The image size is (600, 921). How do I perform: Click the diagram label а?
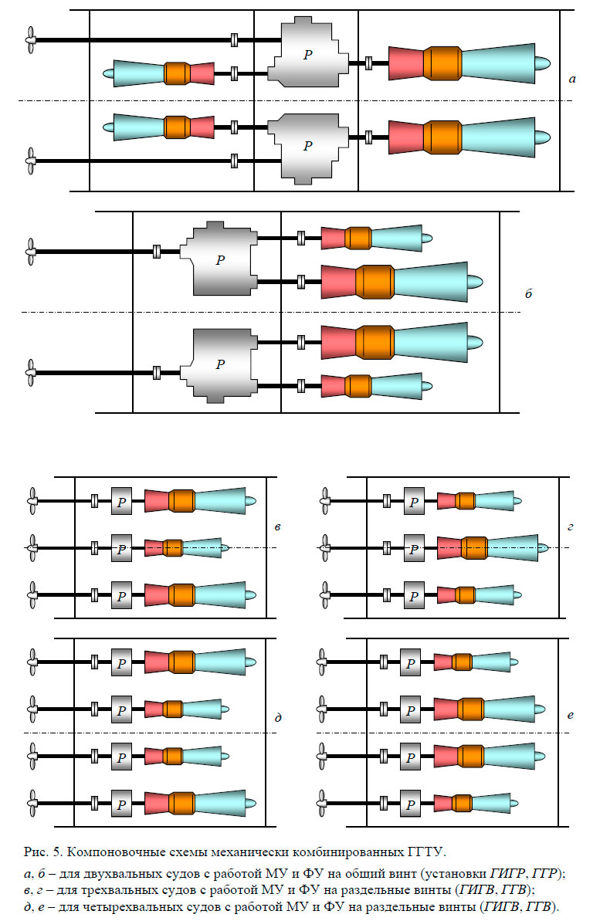point(571,79)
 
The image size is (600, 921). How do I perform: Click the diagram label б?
point(529,294)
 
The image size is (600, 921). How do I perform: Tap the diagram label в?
point(277,527)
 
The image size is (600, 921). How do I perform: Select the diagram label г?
point(570,527)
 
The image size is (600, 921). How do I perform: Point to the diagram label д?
point(277,718)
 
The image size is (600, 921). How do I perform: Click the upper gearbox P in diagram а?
point(308,52)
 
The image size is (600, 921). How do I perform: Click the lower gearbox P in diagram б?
point(220,364)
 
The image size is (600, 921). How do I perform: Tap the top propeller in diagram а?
point(29,40)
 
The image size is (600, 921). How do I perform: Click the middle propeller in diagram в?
point(32,547)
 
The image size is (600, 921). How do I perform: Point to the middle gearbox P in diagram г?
point(414,548)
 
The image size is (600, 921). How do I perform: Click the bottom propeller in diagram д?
point(32,803)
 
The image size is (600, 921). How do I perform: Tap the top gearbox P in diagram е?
point(410,662)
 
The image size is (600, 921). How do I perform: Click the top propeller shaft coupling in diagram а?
point(234,39)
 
